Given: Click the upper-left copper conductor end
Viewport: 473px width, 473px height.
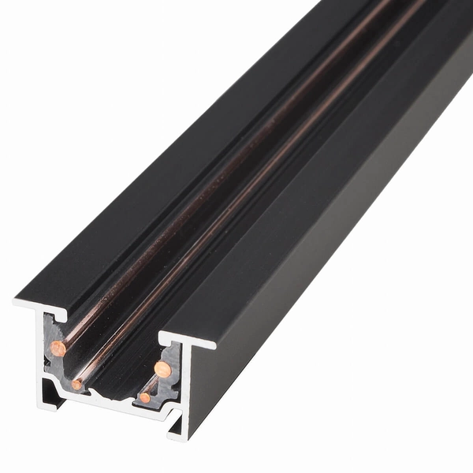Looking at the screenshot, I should tap(58, 348).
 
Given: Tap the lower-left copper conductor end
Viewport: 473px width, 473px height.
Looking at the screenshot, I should tap(76, 384).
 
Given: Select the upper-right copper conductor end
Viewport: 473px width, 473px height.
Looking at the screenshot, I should tap(162, 368).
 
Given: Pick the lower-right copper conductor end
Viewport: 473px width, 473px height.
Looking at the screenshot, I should tap(145, 397).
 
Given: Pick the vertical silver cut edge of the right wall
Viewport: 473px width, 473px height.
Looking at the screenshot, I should tap(186, 386).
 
